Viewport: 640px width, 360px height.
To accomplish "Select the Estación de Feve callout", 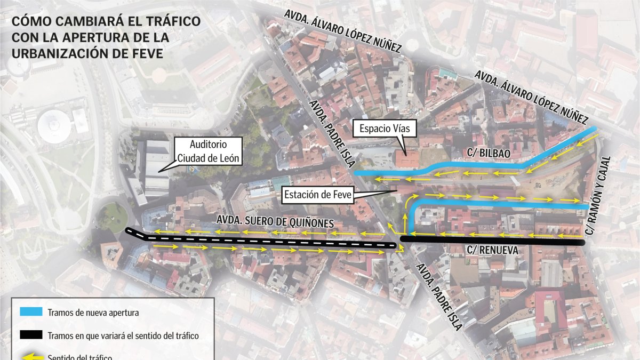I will point(318,195).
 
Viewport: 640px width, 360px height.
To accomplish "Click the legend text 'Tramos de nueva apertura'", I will point(93,313).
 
